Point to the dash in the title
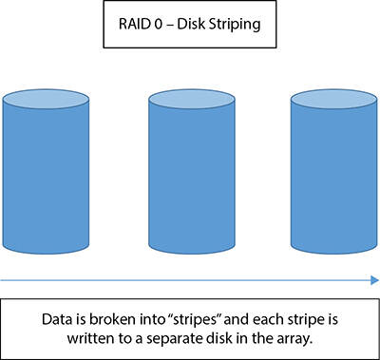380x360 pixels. click(x=170, y=25)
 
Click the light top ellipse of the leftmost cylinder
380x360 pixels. click(x=46, y=99)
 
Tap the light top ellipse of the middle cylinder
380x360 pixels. click(x=192, y=99)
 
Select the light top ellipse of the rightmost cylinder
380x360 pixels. click(x=333, y=99)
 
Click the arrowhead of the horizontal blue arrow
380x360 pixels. click(x=374, y=280)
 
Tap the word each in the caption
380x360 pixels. click(x=265, y=319)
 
